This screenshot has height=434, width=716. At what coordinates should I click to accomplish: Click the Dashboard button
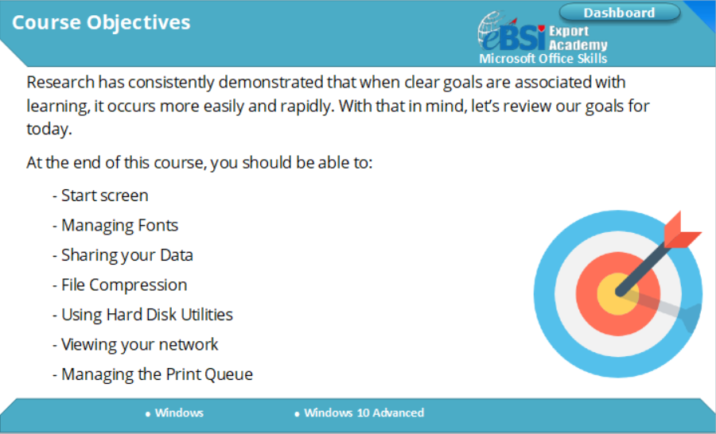coord(620,13)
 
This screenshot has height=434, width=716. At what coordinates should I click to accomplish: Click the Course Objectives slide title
coord(101,22)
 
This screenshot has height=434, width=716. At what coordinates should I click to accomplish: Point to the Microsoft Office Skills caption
coord(543,58)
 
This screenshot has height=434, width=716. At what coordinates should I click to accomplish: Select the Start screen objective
coord(100,196)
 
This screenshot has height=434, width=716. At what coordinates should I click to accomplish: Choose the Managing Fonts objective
coord(115,226)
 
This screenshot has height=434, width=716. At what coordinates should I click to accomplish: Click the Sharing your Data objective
coord(123,255)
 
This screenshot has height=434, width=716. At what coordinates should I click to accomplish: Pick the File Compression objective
coord(119,285)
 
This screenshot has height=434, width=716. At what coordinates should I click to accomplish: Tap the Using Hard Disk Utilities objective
coord(142,315)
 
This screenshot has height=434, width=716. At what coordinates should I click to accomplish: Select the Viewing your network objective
coord(135,344)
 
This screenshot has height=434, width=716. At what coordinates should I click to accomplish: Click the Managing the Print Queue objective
coord(152,374)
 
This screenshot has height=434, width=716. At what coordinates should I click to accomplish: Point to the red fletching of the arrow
coord(681,231)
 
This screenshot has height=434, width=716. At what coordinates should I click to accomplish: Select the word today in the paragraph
coord(48,129)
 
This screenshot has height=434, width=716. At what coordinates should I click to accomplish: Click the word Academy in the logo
coord(578,45)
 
